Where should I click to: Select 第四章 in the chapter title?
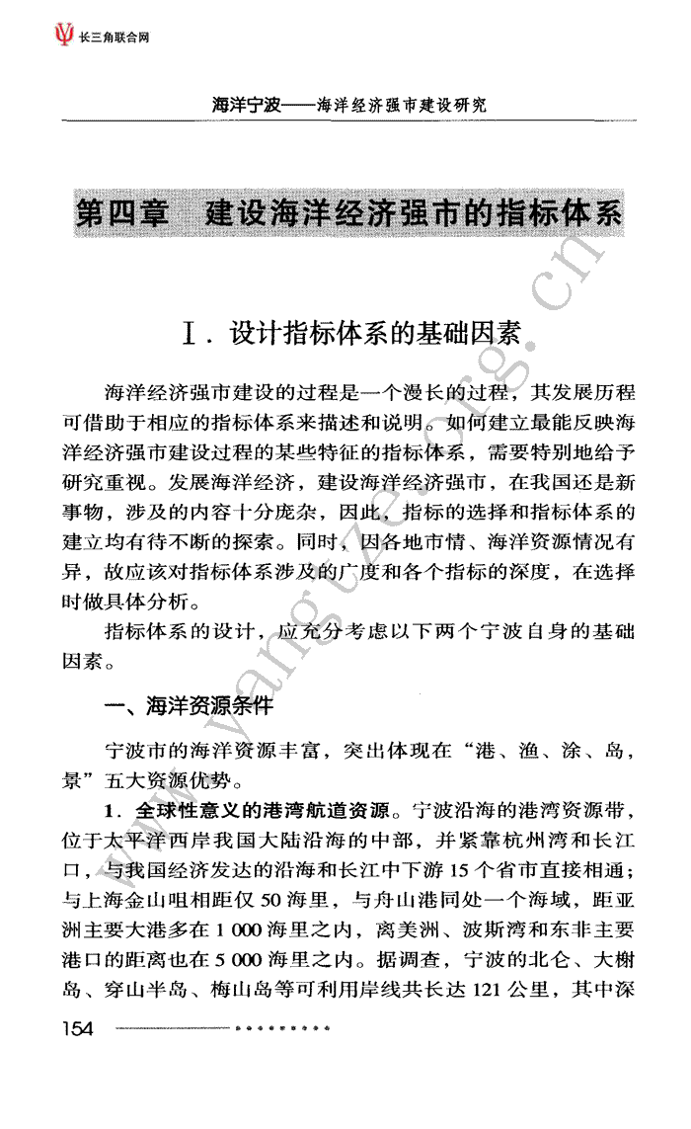click(x=121, y=212)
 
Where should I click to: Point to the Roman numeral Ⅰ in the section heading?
click(x=192, y=332)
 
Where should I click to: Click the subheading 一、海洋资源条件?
click(x=188, y=706)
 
